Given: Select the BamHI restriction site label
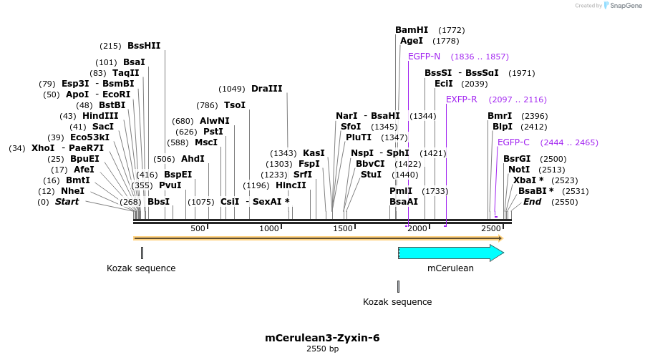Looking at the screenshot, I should coord(412,30).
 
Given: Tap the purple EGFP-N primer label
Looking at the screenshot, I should coord(424,57).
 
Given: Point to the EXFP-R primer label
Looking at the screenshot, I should coord(461,99).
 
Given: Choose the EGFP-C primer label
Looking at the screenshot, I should coord(513,142).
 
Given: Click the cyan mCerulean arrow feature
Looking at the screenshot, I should coord(450,253).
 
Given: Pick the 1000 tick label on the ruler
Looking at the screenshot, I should coord(269,228).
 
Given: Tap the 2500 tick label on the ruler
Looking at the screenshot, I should coord(490,228).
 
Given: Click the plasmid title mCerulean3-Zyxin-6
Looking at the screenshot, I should coord(322,338).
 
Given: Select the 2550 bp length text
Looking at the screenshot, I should coord(322,349).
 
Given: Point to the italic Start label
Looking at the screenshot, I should coord(67,202).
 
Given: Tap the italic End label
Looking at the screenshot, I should coord(532,202).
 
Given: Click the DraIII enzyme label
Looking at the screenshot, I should coord(267,89).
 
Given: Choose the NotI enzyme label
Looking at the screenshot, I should coord(519,170).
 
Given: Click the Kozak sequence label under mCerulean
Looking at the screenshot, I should coord(397,302).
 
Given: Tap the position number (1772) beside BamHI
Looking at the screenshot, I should coord(452,30).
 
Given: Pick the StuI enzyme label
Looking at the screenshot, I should coord(371,174).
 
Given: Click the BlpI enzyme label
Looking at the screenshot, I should coord(503,127).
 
